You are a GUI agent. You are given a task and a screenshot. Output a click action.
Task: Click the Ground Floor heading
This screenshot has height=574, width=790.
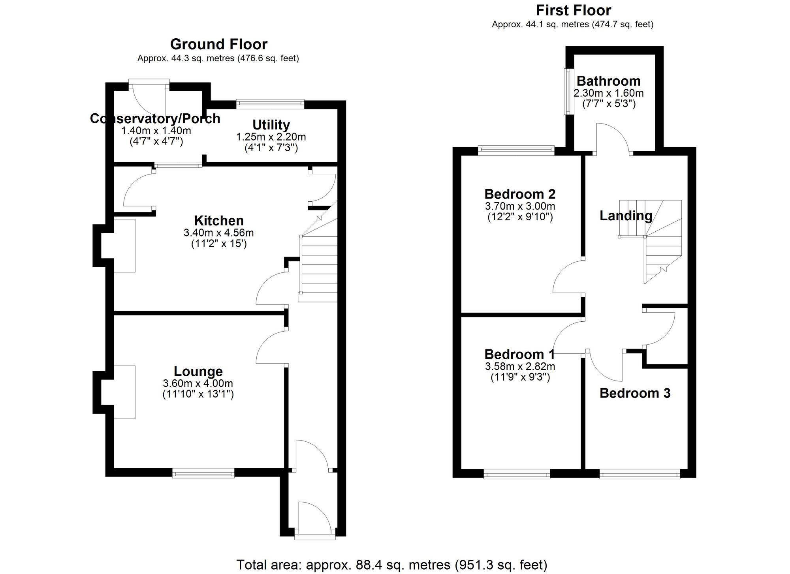(218, 44)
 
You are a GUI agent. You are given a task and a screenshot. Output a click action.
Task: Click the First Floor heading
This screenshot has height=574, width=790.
(573, 10)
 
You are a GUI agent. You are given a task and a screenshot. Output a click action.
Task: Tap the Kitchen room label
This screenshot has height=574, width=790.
(218, 220)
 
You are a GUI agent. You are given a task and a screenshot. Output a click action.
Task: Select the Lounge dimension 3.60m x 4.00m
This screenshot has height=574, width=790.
(197, 383)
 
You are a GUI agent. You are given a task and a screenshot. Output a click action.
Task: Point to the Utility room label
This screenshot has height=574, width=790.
(271, 125)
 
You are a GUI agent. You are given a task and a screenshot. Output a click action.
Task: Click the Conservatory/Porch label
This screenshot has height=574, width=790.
(155, 118)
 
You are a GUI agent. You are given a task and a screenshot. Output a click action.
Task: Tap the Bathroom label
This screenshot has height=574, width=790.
(608, 81)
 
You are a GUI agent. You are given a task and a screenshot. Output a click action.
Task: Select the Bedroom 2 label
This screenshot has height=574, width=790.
(519, 194)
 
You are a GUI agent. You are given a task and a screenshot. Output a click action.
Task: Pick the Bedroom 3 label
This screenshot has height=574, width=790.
(635, 393)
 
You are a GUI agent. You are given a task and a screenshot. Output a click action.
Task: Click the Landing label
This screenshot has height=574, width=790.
(626, 216)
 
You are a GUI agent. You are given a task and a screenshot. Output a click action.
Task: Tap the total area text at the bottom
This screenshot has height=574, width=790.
(391, 565)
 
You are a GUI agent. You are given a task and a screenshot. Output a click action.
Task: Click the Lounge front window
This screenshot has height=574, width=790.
(203, 473)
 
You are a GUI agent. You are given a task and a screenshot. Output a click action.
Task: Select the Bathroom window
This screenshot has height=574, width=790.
(568, 92)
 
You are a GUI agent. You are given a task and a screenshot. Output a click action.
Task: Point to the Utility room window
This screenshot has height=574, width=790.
(271, 104)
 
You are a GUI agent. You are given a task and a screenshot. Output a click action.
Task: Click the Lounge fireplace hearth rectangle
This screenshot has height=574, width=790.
(125, 392)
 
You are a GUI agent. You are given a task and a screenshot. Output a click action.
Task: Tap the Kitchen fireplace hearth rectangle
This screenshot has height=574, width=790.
(125, 246)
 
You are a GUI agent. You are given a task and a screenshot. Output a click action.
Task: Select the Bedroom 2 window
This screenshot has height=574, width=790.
(516, 150)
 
